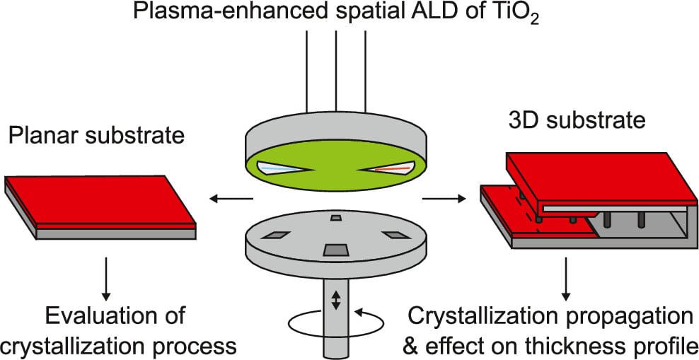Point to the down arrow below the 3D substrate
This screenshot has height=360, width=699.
(x=567, y=276)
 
